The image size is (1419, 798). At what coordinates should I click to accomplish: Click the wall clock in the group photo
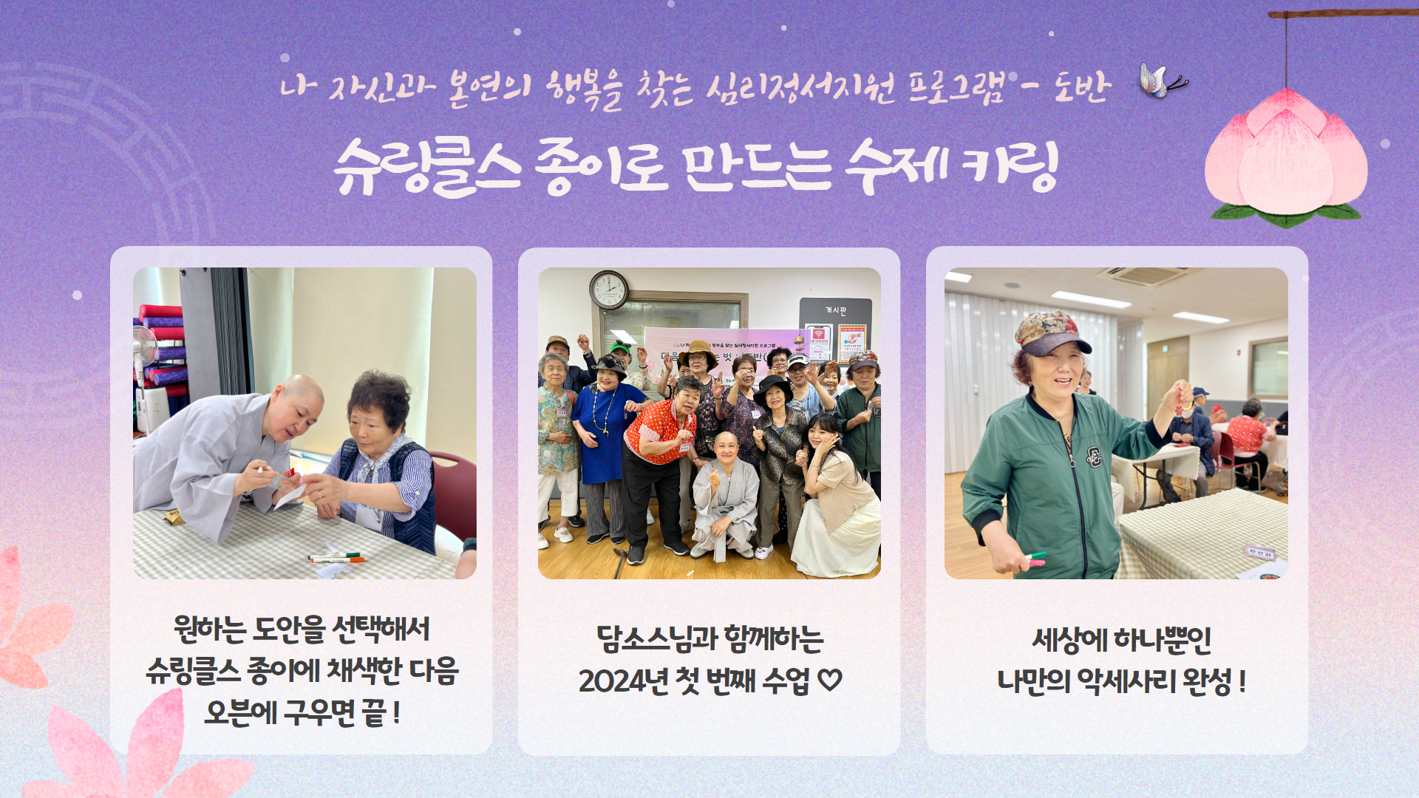pos(609,289)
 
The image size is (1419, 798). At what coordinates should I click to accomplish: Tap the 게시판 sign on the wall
pos(836,310)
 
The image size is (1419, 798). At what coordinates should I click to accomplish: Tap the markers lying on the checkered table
pos(337,558)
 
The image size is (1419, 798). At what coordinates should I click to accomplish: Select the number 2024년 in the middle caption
pos(620,681)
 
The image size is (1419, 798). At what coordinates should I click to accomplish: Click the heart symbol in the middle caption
pos(830,680)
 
